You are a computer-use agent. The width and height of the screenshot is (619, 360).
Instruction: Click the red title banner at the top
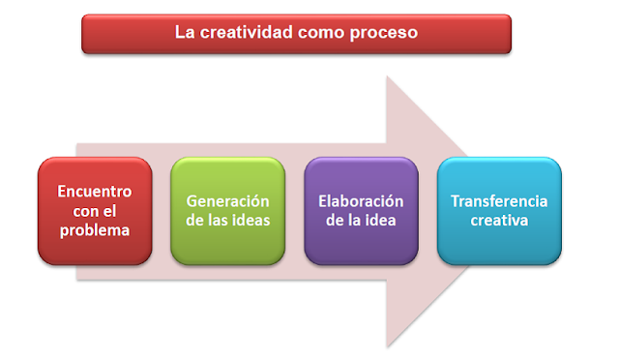click(x=295, y=33)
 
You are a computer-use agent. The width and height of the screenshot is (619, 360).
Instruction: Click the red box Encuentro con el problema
click(x=94, y=211)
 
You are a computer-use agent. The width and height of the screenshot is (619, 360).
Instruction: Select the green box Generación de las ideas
click(x=227, y=211)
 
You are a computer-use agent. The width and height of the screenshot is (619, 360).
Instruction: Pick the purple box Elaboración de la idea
click(x=361, y=211)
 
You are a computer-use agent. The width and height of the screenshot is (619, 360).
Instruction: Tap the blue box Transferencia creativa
click(x=498, y=211)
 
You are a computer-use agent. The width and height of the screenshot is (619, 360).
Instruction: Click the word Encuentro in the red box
click(x=94, y=192)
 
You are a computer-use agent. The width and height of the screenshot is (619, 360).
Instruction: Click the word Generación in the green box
click(x=227, y=201)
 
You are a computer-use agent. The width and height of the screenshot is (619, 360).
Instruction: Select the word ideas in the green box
click(x=250, y=221)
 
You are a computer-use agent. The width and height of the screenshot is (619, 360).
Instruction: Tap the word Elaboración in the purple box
click(x=361, y=201)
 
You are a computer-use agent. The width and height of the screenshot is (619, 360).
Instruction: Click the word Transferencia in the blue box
click(x=498, y=201)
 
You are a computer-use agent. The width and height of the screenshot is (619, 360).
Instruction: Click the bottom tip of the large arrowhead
click(x=388, y=345)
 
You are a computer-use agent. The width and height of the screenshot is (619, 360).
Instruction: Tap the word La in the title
click(x=184, y=32)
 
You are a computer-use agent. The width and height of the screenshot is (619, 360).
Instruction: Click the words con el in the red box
click(x=94, y=211)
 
